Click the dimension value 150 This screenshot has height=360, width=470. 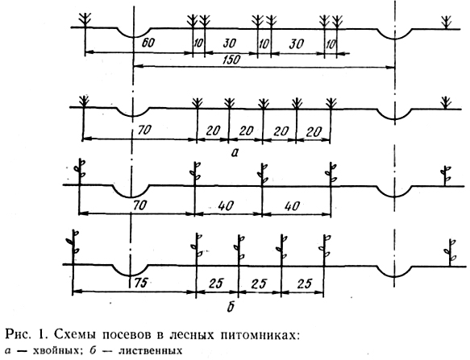232,60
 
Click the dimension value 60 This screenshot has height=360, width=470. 148,43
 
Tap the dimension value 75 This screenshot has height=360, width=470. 140,283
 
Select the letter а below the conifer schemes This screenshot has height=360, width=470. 235,153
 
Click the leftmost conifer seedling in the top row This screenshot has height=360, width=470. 85,20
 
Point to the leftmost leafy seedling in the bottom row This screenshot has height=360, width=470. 73,246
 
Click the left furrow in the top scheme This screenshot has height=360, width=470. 134,35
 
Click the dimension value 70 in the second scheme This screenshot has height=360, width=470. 145,130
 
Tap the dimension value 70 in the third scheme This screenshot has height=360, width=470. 140,205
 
